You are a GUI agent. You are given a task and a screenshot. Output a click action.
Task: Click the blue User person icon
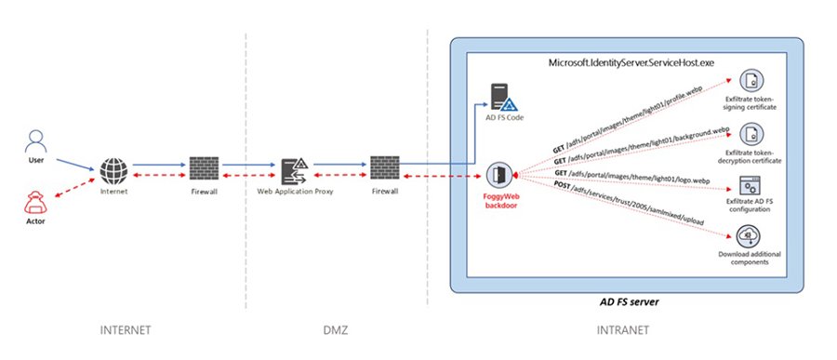point(36,141)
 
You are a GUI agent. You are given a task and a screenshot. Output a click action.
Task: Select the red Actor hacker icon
point(36,202)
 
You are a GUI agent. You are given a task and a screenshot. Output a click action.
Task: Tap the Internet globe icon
point(114,171)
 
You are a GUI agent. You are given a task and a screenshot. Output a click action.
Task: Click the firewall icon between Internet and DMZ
point(203,170)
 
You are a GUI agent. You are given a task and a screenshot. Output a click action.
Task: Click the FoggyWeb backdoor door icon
point(498,174)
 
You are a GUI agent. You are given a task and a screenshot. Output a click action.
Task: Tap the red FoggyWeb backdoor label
point(499,204)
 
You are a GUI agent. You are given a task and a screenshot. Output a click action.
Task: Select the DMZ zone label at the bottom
point(337,330)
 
